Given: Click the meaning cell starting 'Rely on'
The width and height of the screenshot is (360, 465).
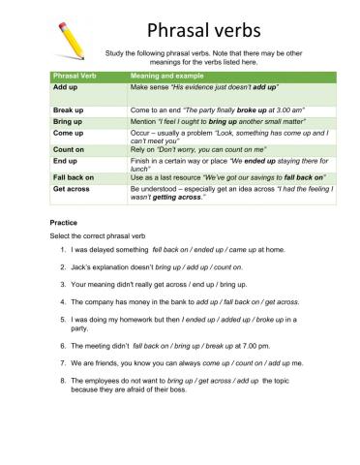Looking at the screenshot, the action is pyautogui.click(x=210, y=150).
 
